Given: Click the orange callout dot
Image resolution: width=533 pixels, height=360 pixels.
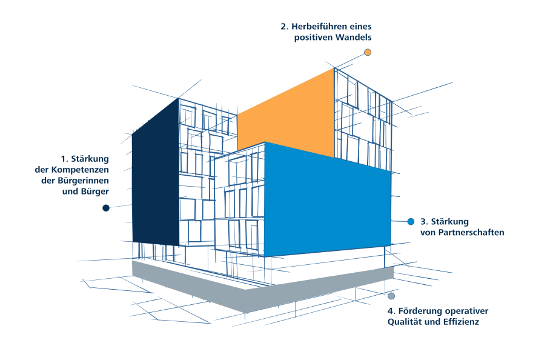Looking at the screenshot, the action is [x=368, y=52].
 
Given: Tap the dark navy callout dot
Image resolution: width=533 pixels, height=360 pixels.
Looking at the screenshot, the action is [x=106, y=208].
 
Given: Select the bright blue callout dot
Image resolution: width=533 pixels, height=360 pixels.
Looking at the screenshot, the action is [x=411, y=221].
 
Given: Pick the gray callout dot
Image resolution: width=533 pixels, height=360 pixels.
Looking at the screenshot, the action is [x=391, y=296].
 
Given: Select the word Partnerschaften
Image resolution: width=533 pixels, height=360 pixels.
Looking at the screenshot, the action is [x=471, y=232].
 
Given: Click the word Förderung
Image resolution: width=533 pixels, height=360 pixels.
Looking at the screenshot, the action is [x=420, y=311].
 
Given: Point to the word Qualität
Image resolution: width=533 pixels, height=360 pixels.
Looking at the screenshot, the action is [x=404, y=322].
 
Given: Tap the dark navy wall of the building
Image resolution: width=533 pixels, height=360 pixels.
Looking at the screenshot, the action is [x=156, y=173].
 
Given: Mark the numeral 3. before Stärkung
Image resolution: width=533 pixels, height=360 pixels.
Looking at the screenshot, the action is [x=424, y=222].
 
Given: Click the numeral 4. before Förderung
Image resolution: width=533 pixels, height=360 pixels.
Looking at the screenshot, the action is [x=391, y=311].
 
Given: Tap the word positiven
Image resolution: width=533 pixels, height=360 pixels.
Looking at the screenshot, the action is [x=313, y=38].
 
